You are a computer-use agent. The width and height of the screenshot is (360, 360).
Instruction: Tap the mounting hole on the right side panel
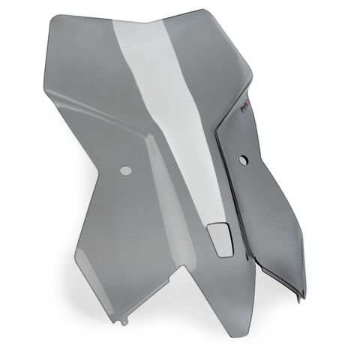click(x=244, y=158)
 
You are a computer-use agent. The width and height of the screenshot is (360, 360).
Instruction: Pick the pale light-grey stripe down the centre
click(x=169, y=112)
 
